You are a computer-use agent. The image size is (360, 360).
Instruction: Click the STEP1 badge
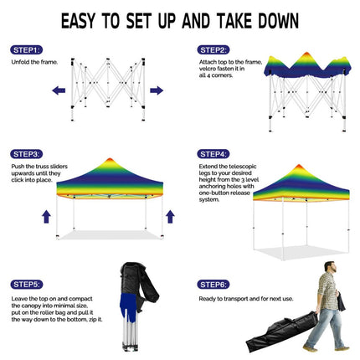(x=27, y=50)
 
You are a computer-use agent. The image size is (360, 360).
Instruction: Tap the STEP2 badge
(x=213, y=50)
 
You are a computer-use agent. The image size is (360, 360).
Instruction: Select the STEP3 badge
(x=27, y=154)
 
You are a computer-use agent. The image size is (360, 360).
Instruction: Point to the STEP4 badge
(x=213, y=154)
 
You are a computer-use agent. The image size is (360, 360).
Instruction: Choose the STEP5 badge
(x=27, y=285)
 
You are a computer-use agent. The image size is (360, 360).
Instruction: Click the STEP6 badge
(x=213, y=285)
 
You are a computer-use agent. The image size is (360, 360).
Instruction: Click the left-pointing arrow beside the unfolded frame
(x=59, y=90)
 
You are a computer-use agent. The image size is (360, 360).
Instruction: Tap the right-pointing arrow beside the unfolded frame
(x=157, y=90)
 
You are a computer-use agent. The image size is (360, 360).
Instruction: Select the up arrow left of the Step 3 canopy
(x=47, y=217)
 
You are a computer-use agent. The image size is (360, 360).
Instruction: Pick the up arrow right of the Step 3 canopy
(x=170, y=217)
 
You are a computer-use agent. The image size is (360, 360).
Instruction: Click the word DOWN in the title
(x=278, y=21)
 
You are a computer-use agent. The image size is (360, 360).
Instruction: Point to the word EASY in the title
(x=79, y=21)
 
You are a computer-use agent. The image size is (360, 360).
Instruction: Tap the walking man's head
(x=330, y=266)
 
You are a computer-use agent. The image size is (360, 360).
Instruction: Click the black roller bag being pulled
(x=282, y=332)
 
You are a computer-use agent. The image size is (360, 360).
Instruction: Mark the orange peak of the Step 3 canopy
(x=110, y=159)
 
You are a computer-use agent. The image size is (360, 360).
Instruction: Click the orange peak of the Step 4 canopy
(x=299, y=166)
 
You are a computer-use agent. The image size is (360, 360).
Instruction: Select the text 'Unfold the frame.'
(x=34, y=62)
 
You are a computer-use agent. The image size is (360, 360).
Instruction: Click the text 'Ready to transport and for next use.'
(x=246, y=299)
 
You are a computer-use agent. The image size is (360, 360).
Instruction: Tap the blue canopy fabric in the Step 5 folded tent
(x=128, y=306)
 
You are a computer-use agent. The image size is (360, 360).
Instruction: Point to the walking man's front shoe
(x=311, y=349)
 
